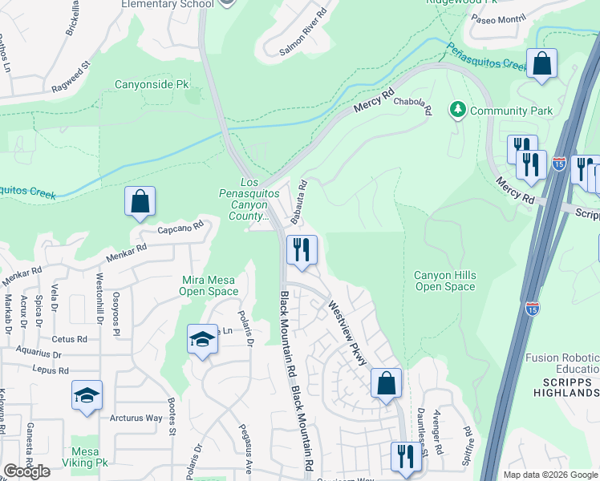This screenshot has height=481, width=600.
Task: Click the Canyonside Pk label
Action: pyautogui.click(x=152, y=83)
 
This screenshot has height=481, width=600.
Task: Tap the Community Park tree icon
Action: pyautogui.click(x=457, y=109)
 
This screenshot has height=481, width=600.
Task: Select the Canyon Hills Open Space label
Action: pyautogui.click(x=445, y=281)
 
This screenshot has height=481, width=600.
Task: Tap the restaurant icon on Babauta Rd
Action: pyautogui.click(x=302, y=249)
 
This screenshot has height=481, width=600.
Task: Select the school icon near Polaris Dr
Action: pyautogui.click(x=202, y=338)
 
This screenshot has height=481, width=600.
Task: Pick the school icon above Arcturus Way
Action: pyautogui.click(x=87, y=396)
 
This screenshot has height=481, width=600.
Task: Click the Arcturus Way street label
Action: pyautogui.click(x=136, y=418)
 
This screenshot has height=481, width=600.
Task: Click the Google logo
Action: pyautogui.click(x=26, y=471)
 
